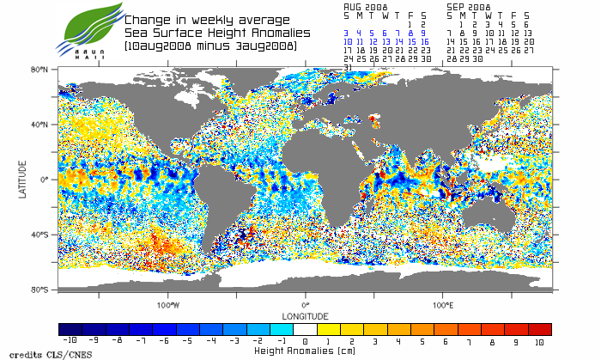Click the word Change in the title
coord(147,20)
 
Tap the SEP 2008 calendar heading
coord(468,5)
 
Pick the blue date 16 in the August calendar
coord(424,41)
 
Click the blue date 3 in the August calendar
coord(347,33)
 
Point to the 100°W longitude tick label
coord(168,305)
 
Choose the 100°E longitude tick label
coord(443,305)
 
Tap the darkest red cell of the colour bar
coord(539,329)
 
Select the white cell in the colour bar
coord(305,329)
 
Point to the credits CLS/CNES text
coord(39,352)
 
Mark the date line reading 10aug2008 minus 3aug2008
coord(210,44)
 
